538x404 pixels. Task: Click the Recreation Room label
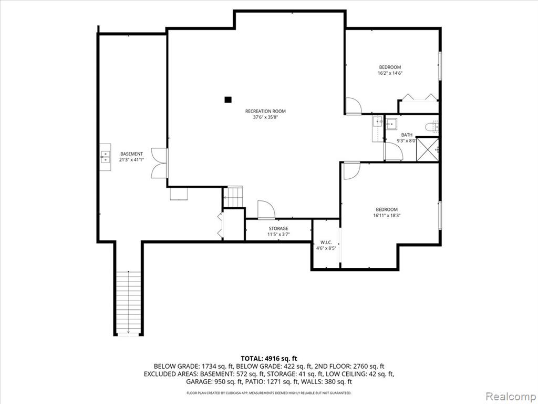265,112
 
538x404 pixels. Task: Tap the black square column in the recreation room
228,99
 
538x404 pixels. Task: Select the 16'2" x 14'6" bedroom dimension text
390,73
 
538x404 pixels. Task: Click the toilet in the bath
432,127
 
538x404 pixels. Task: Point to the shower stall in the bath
428,149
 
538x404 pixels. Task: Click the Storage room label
278,228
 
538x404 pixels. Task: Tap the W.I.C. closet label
326,243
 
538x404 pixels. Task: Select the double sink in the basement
105,157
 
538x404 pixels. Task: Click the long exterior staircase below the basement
128,302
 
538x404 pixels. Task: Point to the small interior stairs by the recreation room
233,197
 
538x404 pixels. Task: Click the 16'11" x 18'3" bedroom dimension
387,216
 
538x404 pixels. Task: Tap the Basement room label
131,154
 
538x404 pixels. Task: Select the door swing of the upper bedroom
353,106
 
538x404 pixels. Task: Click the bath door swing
394,151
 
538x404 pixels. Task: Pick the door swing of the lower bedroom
351,170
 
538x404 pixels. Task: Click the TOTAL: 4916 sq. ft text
269,359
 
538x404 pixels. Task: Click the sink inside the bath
391,124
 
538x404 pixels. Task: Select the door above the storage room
266,209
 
